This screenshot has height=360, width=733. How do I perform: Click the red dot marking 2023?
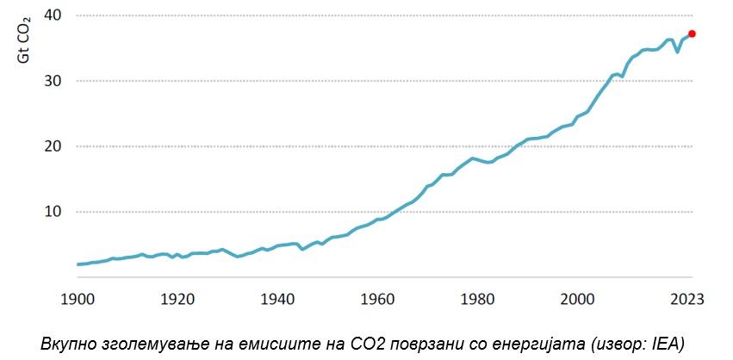coord(692,34)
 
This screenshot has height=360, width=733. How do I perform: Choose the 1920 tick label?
coord(177,300)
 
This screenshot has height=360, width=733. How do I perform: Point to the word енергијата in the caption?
coord(542,343)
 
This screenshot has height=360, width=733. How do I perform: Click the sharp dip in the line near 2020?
coord(677,52)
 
